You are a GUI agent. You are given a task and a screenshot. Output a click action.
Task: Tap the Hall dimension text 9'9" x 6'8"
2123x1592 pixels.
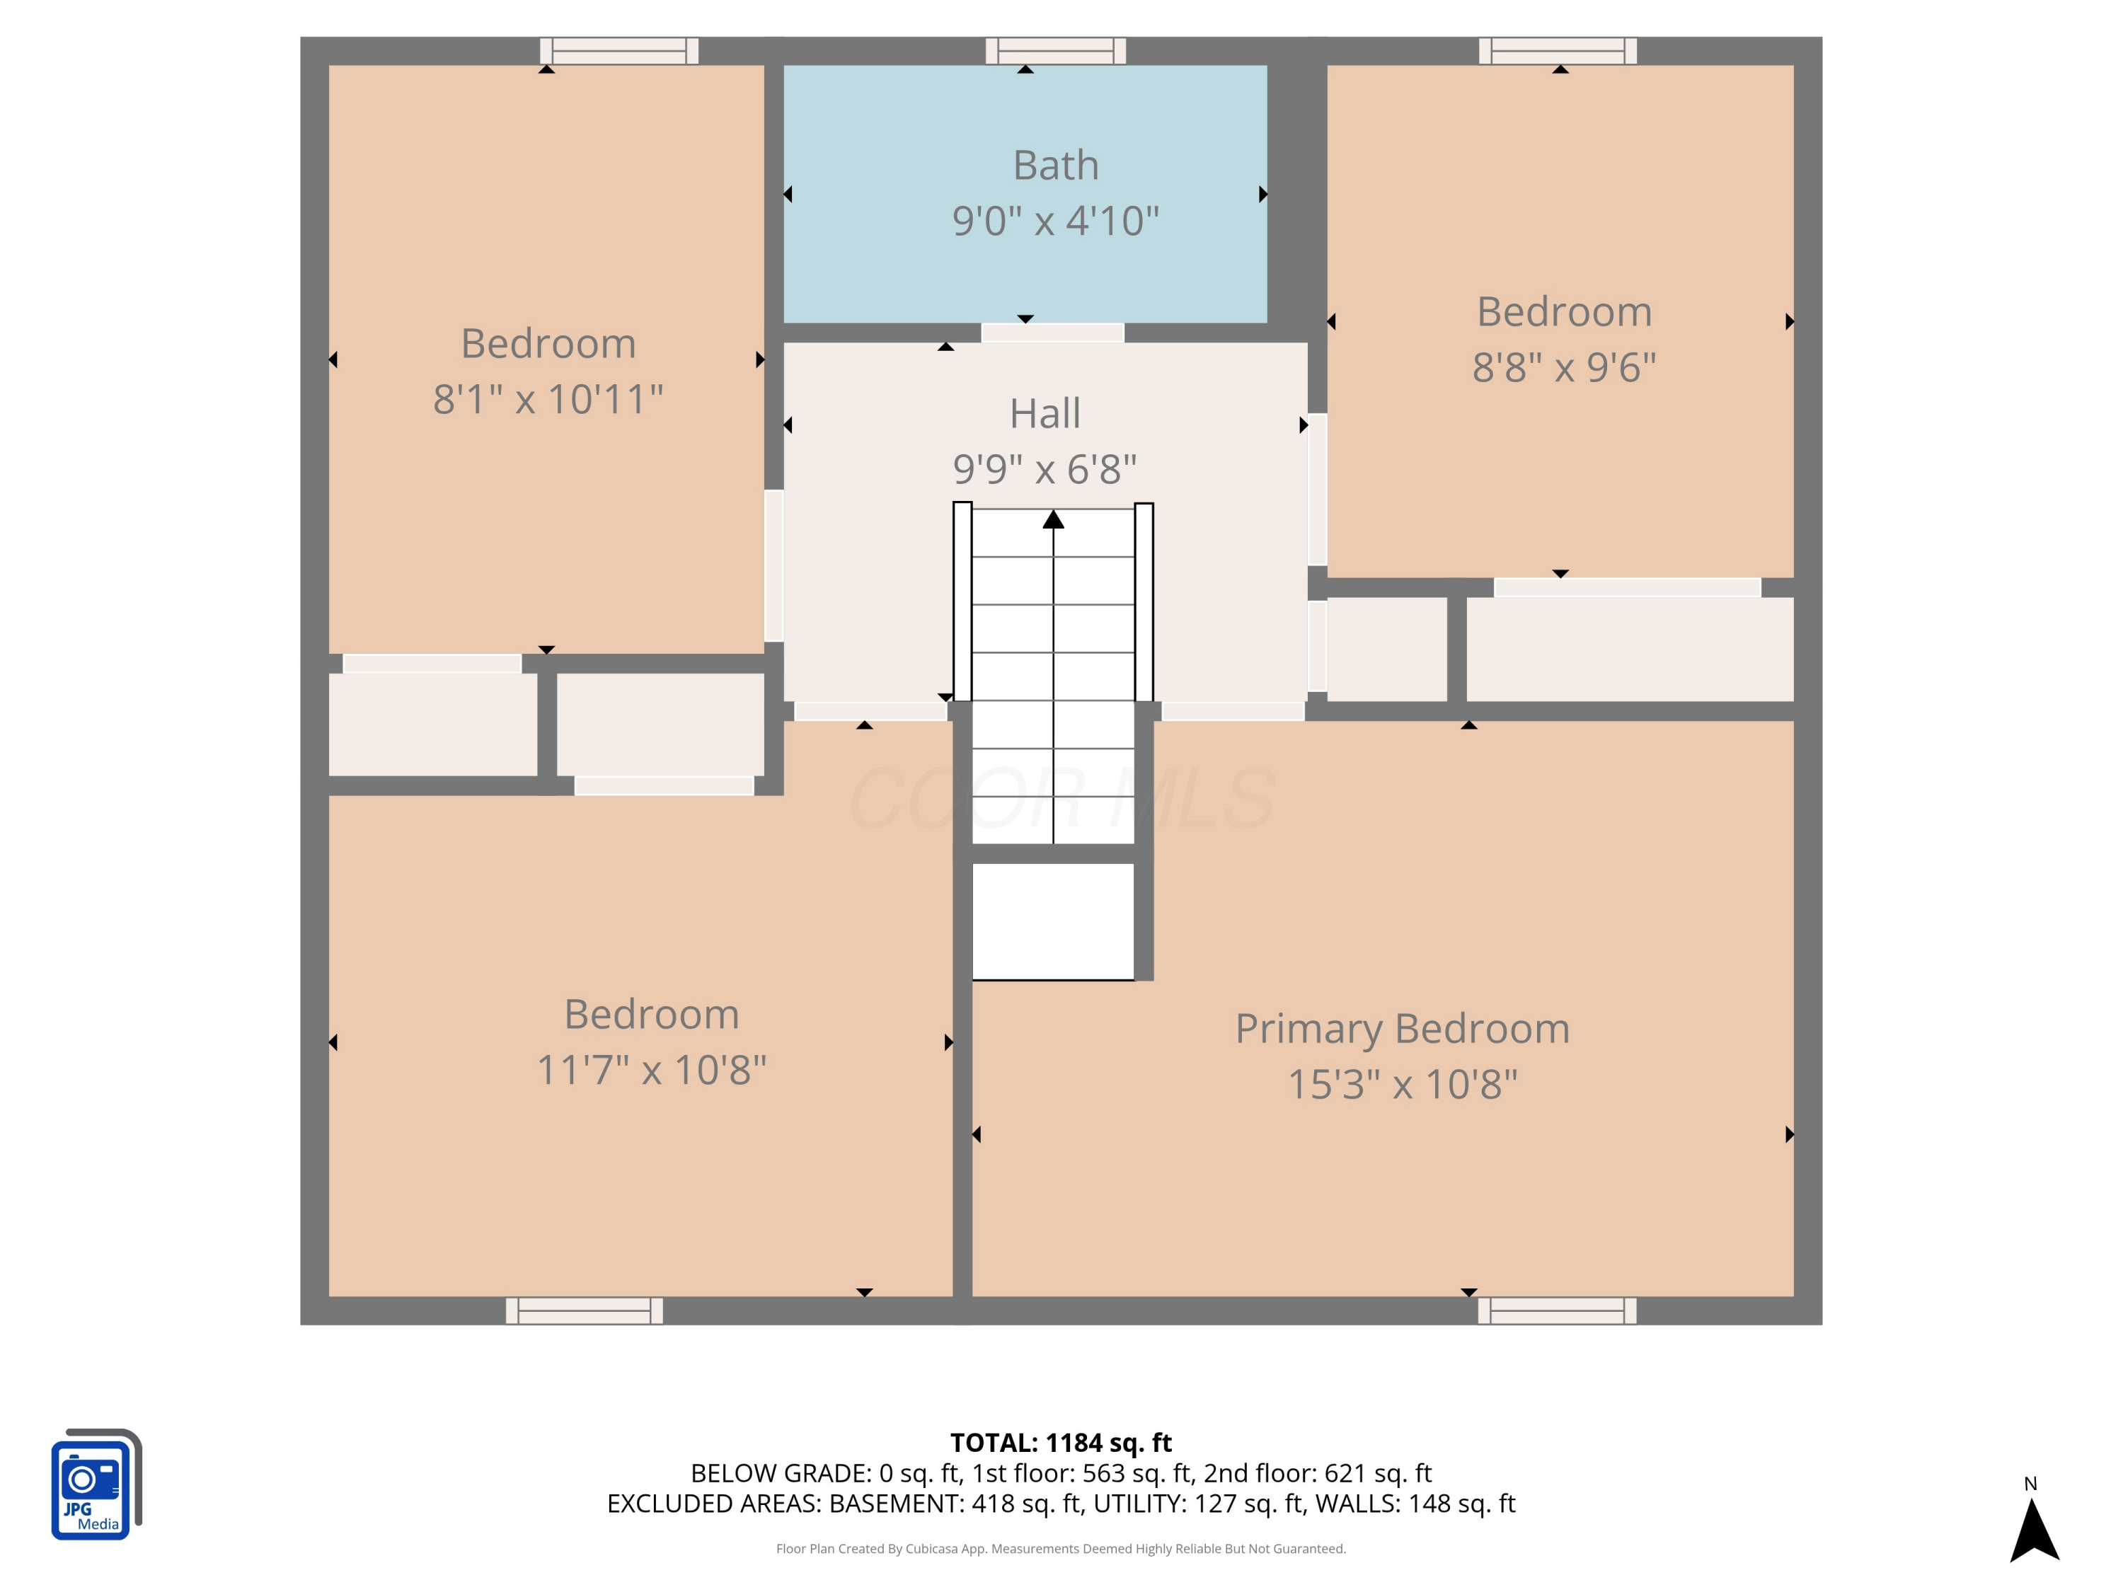1045,469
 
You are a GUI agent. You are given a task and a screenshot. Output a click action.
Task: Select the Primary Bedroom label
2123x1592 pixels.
1402,1029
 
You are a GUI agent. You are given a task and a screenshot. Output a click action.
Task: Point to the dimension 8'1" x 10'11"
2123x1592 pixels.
548,399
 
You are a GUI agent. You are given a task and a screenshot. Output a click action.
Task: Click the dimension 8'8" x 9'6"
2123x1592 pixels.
1565,367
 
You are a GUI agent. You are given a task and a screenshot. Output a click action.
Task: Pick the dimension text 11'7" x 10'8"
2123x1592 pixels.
652,1070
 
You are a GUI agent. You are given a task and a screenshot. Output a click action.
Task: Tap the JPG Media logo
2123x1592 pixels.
96,1484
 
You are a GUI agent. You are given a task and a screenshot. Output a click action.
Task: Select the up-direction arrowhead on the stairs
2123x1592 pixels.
1054,519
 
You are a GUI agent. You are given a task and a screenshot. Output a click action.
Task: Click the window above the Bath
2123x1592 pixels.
1056,51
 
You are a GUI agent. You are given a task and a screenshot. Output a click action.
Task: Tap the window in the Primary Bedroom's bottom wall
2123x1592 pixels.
1557,1311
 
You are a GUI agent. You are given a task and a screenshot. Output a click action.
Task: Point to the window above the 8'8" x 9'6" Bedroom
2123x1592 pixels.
1558,51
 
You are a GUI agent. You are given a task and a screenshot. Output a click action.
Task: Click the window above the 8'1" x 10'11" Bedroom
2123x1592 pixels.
619,51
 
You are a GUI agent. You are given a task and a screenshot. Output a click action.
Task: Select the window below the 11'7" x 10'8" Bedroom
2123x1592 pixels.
585,1311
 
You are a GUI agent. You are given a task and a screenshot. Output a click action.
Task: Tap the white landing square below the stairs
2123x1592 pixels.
1053,921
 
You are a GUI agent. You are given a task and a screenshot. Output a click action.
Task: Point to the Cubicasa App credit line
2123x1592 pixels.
1061,1549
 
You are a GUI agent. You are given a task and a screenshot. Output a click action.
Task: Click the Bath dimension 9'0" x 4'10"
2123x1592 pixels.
1056,221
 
